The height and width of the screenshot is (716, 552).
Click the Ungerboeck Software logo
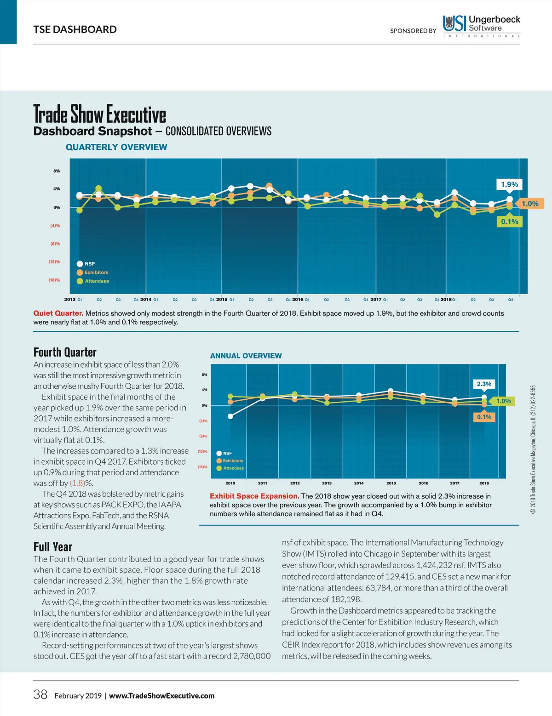pos(481,26)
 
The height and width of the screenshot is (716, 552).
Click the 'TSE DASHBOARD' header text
pos(75,29)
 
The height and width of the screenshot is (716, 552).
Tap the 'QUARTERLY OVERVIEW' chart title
pos(116,147)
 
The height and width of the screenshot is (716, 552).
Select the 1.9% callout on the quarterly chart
pos(509,184)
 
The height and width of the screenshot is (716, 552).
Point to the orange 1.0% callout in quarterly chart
pos(529,204)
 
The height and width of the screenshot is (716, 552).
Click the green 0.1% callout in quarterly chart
pos(509,222)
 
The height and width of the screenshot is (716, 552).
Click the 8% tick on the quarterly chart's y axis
pos(57,171)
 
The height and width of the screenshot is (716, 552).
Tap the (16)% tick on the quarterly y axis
pos(54,280)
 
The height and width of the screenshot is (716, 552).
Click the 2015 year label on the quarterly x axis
pos(222,300)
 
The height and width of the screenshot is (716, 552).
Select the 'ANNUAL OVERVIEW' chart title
pos(246,356)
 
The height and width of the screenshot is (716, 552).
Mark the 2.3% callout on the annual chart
pos(484,384)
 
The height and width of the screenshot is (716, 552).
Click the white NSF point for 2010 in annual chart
pos(230,416)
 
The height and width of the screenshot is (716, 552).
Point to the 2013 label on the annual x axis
pos(327,483)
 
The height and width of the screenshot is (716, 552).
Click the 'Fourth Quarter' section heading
pos(65,352)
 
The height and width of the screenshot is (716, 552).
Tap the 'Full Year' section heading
pos(53,547)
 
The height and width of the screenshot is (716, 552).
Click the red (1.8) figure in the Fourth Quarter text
pos(77,483)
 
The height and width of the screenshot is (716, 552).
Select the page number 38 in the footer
pos(40,694)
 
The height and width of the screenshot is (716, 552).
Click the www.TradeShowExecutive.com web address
pos(161,696)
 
